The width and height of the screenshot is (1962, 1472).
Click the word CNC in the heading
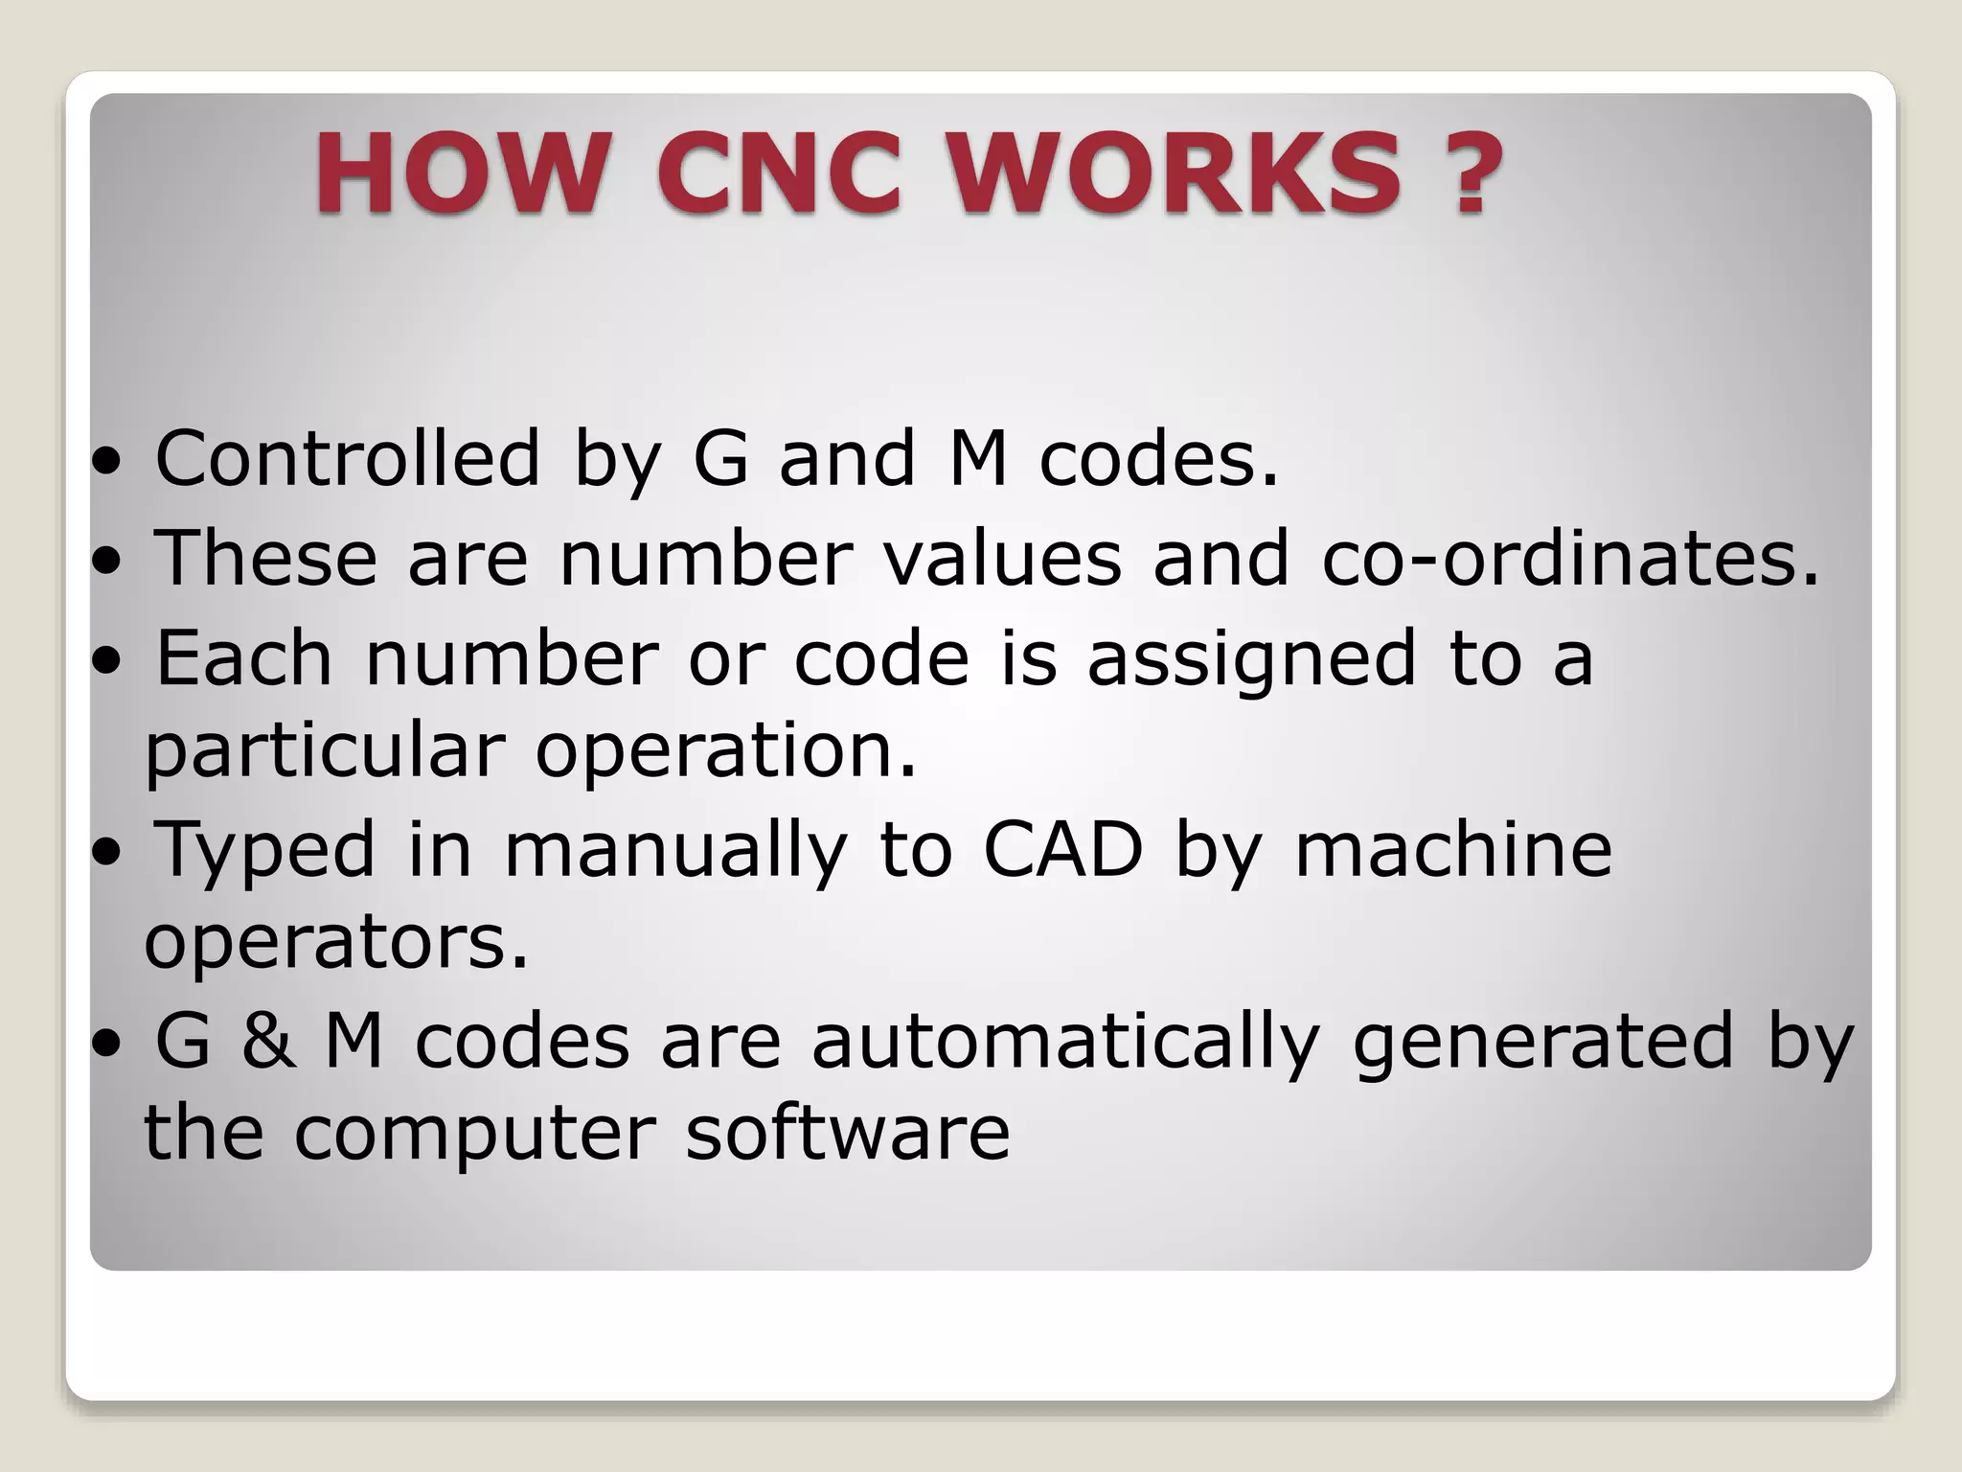780,174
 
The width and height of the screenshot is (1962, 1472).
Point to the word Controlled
348,459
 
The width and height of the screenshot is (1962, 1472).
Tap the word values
1002,559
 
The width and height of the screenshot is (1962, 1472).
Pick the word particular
324,751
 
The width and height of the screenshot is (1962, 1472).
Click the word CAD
1063,850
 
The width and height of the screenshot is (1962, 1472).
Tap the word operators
335,943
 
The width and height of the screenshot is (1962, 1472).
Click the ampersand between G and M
267,1041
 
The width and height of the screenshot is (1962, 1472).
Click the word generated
1543,1043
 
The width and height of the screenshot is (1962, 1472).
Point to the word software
848,1133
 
